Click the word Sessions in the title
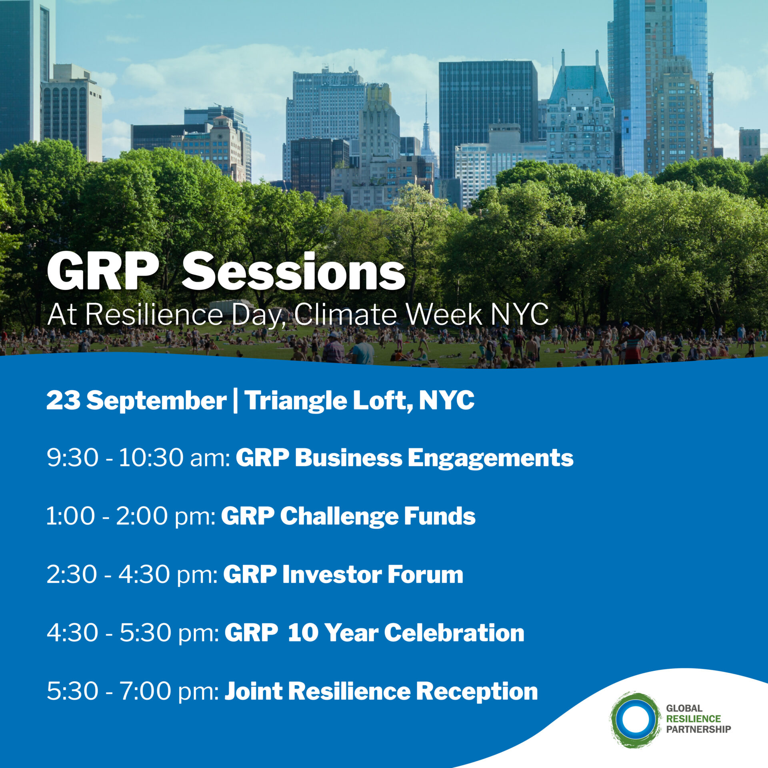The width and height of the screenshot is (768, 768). (x=293, y=272)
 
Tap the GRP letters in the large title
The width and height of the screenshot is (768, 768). (x=103, y=272)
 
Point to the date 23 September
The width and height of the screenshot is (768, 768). (x=136, y=400)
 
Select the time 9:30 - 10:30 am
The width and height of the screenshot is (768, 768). (x=138, y=458)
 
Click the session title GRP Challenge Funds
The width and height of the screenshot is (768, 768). (x=348, y=517)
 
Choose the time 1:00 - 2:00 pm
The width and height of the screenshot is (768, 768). (x=131, y=517)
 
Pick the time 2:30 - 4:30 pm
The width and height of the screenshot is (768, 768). (x=132, y=575)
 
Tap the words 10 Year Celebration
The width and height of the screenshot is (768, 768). (x=406, y=633)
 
